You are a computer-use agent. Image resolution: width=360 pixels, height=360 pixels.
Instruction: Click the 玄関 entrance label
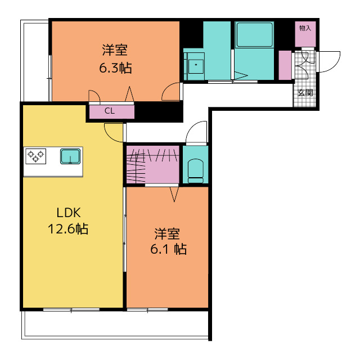click(305, 93)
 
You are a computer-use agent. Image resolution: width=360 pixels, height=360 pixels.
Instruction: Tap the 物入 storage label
click(305, 28)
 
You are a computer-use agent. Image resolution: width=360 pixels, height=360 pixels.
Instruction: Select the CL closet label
click(110, 111)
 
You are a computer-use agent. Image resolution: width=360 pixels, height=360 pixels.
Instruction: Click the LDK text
click(69, 213)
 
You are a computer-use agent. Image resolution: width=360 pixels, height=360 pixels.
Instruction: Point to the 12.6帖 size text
click(68, 229)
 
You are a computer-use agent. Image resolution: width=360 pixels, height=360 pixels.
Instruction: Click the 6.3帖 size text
click(115, 68)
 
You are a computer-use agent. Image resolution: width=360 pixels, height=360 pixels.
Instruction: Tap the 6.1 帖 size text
click(169, 249)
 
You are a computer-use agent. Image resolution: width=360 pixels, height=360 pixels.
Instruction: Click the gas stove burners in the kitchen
click(35, 156)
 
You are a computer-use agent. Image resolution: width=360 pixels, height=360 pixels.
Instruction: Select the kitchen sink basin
click(70, 156)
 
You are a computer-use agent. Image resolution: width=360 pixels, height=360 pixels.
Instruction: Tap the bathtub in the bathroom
click(255, 34)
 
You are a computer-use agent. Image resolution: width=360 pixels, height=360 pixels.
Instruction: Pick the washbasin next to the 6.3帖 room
click(196, 66)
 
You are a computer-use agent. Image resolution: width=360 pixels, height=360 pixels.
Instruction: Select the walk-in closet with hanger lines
click(152, 165)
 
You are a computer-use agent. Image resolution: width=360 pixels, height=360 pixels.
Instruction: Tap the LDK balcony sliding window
click(71, 310)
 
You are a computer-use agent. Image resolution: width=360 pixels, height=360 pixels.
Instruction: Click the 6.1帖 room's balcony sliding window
click(147, 310)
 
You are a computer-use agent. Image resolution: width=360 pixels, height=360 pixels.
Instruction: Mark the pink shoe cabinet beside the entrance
click(285, 65)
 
